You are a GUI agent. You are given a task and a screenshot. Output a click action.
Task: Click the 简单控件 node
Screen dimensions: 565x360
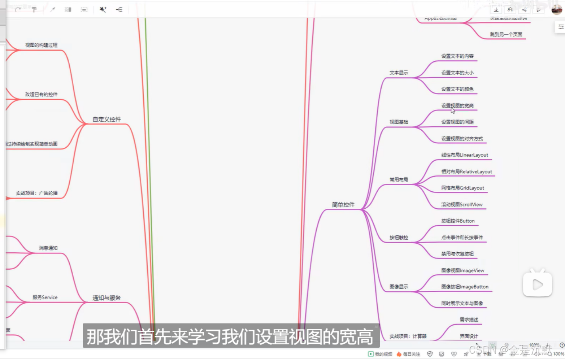point(343,205)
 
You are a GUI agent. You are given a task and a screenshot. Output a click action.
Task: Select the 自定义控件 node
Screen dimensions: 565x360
point(107,119)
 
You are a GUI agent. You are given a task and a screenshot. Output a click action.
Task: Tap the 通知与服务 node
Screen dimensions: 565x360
point(107,298)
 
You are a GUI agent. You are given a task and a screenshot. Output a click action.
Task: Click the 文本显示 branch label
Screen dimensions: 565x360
point(398,73)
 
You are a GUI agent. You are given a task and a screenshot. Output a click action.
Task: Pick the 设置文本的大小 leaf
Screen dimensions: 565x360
point(457,73)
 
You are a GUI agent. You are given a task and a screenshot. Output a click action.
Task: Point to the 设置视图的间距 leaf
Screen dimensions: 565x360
point(457,122)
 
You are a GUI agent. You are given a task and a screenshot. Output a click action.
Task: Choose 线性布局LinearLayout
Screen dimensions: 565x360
point(464,155)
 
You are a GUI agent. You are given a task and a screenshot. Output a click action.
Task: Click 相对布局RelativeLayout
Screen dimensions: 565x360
point(466,172)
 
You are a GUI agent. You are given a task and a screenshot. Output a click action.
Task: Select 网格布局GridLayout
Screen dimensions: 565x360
point(462,188)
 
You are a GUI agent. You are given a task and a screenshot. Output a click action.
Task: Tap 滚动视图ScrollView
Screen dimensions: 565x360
point(462,205)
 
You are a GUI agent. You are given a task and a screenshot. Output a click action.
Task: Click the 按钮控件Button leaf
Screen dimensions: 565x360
point(458,221)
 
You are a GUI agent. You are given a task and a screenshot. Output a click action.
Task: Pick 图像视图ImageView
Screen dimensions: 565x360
point(462,270)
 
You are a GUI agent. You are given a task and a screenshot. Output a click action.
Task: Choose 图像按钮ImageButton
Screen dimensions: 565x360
point(464,287)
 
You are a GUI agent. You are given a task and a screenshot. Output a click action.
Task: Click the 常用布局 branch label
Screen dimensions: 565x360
point(398,180)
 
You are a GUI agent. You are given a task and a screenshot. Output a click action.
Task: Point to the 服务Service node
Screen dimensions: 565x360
point(45,297)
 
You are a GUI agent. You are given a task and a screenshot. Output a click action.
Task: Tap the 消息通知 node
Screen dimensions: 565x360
point(48,248)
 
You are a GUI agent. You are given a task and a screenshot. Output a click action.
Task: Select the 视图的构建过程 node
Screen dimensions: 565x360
point(41,45)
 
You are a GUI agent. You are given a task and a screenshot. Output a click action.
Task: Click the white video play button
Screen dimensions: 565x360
point(537,284)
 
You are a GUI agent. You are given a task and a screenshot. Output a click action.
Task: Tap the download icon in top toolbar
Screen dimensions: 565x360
point(496,10)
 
